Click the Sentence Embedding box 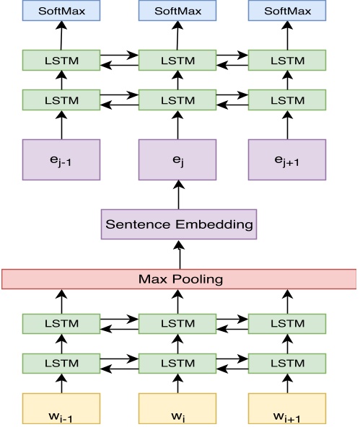[179, 224]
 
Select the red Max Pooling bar [179, 278]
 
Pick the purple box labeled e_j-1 [61, 160]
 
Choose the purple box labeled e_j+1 [287, 160]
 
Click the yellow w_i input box [177, 408]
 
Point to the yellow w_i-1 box [61, 408]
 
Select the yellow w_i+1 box [287, 408]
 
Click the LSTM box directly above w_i [177, 363]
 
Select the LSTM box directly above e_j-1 [61, 100]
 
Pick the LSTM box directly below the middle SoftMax [177, 60]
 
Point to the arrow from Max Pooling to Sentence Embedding [179, 253]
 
